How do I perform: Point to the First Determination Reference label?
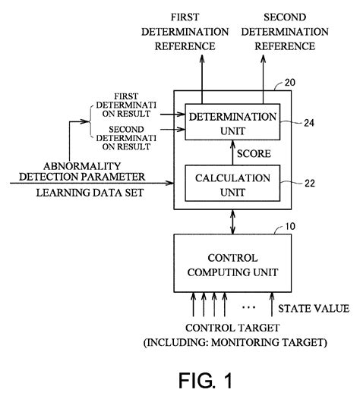pyautogui.click(x=201, y=31)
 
